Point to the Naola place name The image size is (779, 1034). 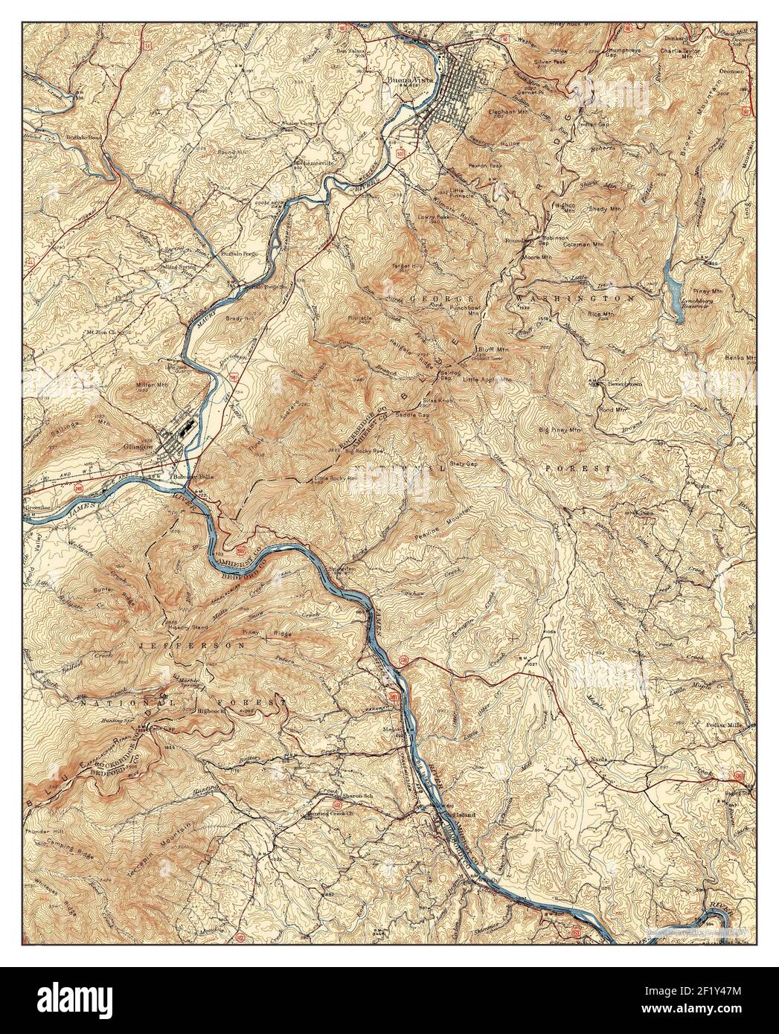599,759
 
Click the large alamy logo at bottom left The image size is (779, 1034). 74,1000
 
